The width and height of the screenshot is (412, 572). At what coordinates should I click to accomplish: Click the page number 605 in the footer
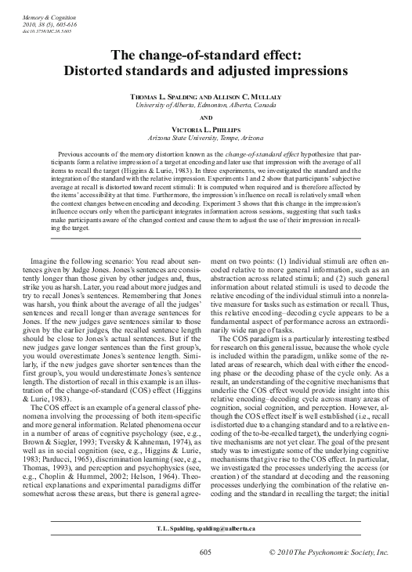tap(205, 552)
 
